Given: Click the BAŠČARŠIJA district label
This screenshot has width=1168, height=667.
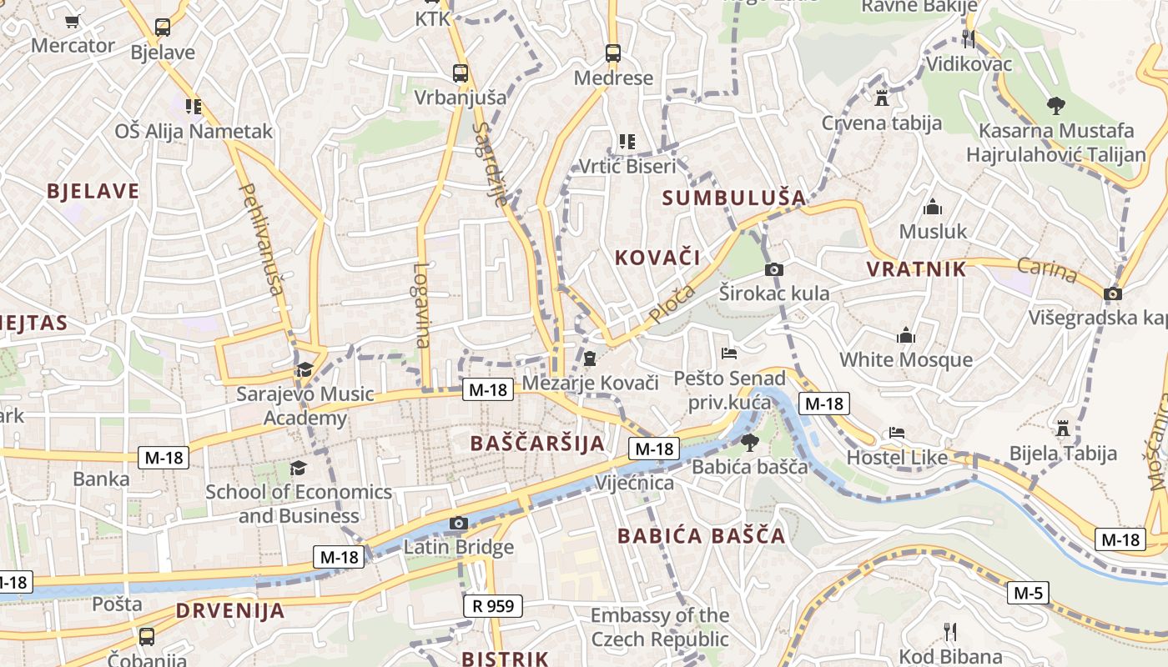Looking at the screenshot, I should (537, 443).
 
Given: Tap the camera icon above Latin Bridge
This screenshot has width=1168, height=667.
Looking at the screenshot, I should (458, 523).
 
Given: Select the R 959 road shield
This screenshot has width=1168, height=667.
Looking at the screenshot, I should (492, 605).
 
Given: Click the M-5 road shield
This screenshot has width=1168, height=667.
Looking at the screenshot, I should (1027, 593).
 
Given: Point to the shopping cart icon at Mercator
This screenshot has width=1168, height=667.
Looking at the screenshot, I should (73, 21).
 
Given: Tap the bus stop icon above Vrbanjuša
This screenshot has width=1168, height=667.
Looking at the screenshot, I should (461, 73).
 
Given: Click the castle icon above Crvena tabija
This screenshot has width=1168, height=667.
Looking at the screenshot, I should (881, 98).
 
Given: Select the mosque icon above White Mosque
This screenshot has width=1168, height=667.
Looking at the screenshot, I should (906, 336).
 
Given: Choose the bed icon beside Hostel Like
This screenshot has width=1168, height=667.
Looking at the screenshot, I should (897, 433).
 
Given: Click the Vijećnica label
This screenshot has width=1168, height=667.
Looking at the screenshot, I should (634, 483).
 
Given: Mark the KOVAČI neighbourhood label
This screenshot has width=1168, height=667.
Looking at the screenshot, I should (657, 257).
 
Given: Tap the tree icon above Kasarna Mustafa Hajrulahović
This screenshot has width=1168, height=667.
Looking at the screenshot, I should (1055, 106).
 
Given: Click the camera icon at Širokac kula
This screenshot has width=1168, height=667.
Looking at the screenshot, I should (773, 269).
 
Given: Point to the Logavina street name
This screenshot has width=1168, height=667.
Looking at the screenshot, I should (421, 305).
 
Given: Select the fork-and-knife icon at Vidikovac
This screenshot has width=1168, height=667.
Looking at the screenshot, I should (969, 38).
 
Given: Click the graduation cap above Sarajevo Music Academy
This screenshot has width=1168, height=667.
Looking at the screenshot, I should (305, 369).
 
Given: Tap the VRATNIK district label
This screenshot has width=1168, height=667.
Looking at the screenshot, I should (916, 268).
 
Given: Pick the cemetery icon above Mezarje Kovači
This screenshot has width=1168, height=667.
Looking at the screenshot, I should (590, 359).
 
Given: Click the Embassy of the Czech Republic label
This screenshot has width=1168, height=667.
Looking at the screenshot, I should (659, 627).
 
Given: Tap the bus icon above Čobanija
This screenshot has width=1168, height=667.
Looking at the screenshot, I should (147, 636).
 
